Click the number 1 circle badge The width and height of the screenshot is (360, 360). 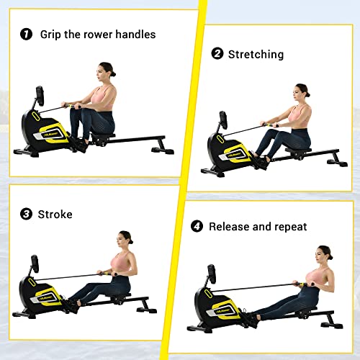(26, 34)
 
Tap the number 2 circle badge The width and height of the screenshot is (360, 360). (217, 54)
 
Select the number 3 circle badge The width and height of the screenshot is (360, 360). (26, 214)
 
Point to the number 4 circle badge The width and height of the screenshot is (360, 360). (197, 227)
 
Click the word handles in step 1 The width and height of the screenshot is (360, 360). (135, 34)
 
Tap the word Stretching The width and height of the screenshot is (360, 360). (256, 54)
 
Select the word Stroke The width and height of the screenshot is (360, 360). (56, 214)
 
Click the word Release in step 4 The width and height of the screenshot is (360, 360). (230, 227)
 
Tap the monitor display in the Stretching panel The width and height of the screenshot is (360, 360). (224, 120)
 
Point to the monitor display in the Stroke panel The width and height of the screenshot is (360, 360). (34, 264)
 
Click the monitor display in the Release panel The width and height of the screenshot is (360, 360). (212, 275)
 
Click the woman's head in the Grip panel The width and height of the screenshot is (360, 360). (107, 71)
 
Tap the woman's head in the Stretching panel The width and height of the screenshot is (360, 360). (301, 92)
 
